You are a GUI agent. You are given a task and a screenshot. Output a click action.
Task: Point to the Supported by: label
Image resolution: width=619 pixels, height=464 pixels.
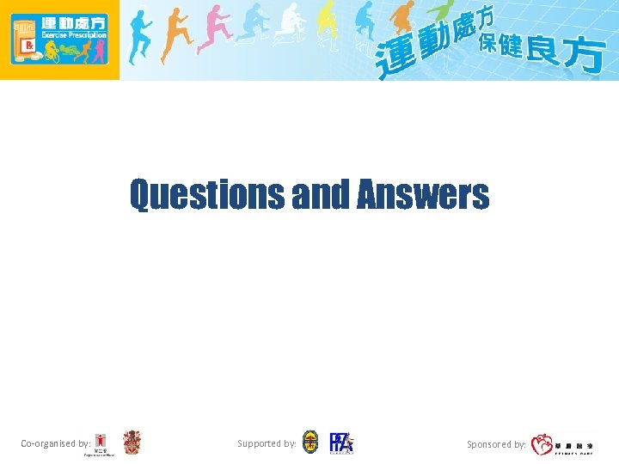click(x=267, y=444)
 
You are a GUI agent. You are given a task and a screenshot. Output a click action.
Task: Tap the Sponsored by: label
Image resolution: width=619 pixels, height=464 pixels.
click(x=496, y=445)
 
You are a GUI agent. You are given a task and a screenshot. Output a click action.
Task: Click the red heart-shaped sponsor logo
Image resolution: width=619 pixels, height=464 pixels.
click(x=542, y=444)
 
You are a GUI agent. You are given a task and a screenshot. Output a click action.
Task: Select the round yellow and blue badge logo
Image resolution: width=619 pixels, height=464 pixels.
click(x=310, y=443)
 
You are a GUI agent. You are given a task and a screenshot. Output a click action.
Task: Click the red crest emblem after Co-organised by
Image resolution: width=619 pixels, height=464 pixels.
click(x=132, y=442)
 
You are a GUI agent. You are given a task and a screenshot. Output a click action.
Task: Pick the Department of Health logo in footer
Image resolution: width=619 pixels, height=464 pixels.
click(x=101, y=444)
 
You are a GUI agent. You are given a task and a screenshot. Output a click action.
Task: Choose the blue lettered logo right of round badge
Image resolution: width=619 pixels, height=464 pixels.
click(x=341, y=443)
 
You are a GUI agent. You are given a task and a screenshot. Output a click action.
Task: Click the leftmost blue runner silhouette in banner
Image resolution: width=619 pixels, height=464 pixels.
click(x=139, y=39)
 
